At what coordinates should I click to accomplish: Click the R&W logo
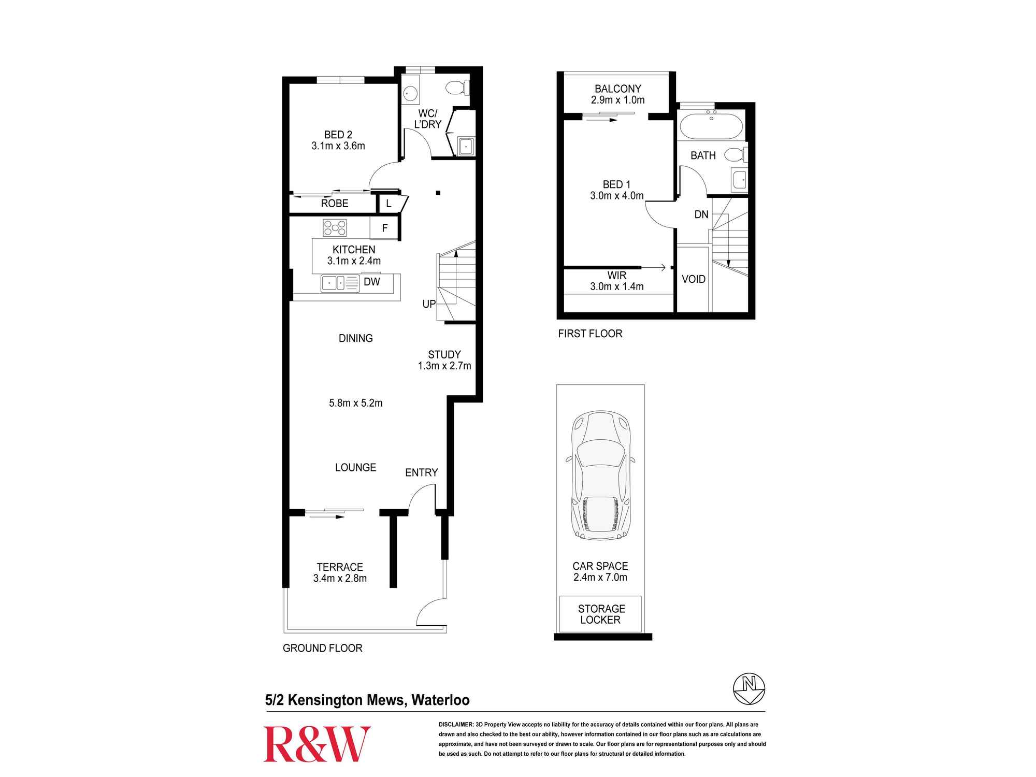pos(317,744)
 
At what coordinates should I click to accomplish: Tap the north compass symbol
pos(749,689)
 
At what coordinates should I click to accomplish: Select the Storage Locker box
pos(600,614)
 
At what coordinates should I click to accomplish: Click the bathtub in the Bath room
pos(711,126)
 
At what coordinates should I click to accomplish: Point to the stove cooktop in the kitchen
pos(335,227)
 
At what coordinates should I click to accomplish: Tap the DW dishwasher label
pos(372,282)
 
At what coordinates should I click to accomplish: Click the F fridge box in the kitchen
pos(384,228)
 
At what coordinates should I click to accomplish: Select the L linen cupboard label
pos(388,204)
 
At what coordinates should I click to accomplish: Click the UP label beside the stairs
pos(429,304)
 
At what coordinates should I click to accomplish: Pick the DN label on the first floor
pos(701,214)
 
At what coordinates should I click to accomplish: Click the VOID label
pos(694,279)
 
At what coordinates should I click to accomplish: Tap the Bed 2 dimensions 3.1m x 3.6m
pos(338,146)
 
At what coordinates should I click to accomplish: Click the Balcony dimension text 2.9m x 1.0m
pos(617,100)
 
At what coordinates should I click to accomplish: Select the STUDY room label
pos(444,355)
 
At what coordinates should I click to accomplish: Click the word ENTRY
pos(421,472)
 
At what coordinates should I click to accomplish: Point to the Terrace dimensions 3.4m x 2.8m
pos(340,579)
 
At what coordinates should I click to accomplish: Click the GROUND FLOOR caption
pos(322,648)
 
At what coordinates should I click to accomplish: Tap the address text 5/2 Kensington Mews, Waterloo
pos(367,700)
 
